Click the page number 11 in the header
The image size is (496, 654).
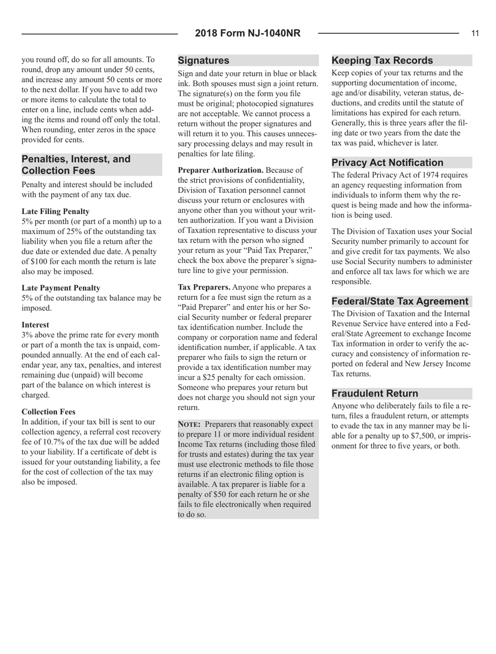(475, 34)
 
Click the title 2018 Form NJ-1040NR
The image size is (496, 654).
(248, 34)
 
